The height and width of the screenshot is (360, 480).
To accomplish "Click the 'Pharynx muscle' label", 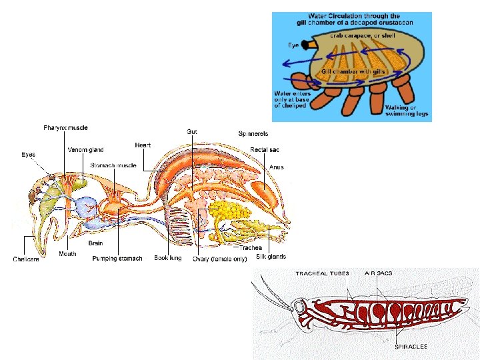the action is [65, 127].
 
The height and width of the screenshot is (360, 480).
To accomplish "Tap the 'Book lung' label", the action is [168, 258].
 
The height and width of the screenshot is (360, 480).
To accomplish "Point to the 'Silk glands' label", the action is [271, 256].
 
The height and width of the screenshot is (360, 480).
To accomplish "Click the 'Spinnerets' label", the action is [254, 133].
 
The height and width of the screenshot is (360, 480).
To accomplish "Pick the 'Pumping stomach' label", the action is [117, 259].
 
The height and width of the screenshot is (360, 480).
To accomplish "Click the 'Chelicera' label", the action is [26, 259].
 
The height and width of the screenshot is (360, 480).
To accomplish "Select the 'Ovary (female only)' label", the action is [220, 259].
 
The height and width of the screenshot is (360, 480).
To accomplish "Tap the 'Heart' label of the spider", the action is [143, 145].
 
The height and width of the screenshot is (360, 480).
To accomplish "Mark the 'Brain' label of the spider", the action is [95, 243].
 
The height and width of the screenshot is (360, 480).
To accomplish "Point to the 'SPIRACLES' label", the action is [411, 347].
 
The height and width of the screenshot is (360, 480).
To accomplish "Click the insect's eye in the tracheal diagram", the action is [301, 308].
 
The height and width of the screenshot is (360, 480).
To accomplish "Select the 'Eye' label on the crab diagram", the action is [293, 45].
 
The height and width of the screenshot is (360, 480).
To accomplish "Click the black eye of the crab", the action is [307, 45].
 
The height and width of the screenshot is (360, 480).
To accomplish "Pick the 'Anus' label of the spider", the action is [277, 167].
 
